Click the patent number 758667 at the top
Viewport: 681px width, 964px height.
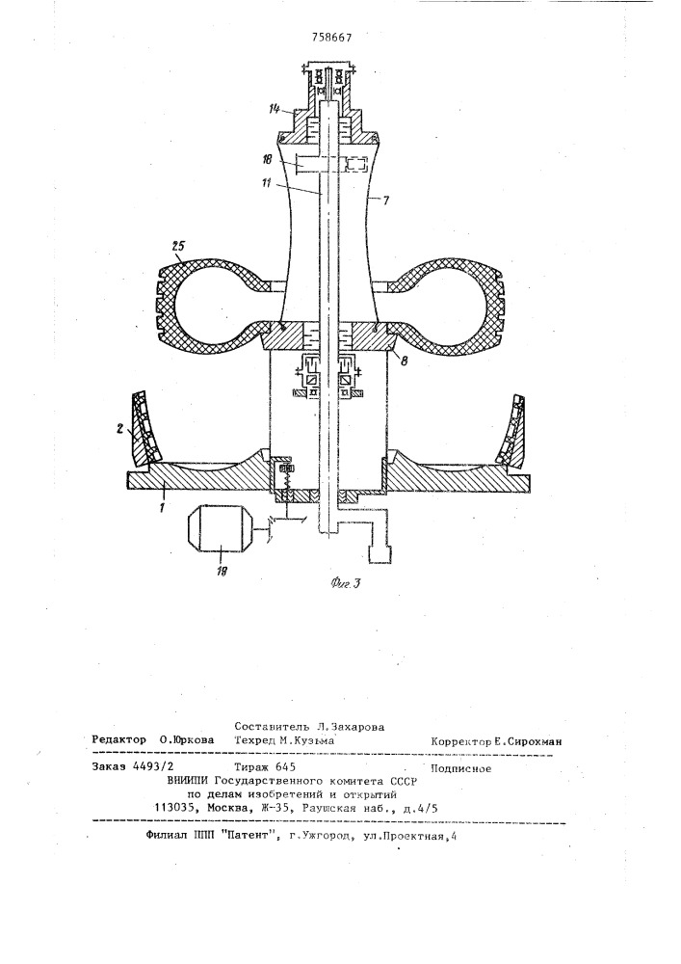(x=331, y=37)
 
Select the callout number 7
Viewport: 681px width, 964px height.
(x=385, y=201)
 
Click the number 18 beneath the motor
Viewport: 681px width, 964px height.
(x=223, y=571)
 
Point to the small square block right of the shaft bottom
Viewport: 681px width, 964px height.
(x=380, y=552)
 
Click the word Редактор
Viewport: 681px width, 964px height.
(x=119, y=739)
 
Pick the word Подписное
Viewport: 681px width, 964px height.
(x=461, y=768)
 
